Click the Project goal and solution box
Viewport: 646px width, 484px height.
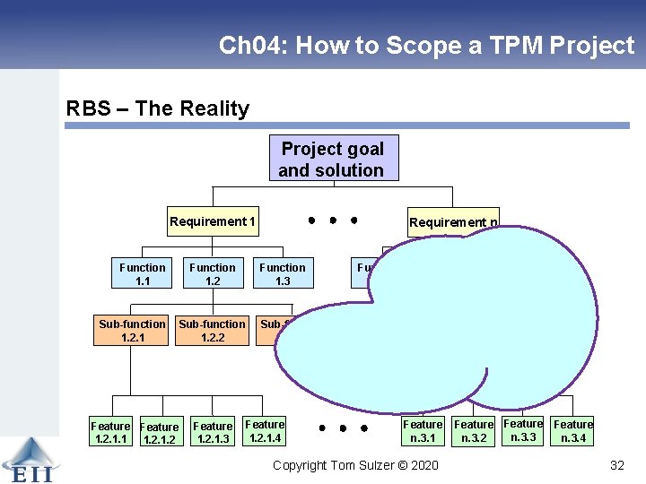(333, 159)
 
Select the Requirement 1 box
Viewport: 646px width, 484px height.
(213, 221)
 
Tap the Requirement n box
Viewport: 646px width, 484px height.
(452, 222)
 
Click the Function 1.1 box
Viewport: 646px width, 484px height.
(143, 274)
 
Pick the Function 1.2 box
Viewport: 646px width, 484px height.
(213, 274)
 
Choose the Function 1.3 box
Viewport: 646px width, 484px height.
(283, 274)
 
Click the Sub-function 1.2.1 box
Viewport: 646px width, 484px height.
(133, 331)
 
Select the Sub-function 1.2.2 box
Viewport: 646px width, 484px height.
(213, 331)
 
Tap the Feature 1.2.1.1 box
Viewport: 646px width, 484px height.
(110, 433)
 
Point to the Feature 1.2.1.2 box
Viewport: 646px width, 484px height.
(160, 434)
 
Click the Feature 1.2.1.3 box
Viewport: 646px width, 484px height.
(213, 433)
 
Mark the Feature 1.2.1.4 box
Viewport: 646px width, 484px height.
(265, 431)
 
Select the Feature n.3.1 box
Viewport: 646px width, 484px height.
(423, 431)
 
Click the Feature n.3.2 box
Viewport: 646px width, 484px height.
(474, 431)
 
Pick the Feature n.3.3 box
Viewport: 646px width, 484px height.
(523, 430)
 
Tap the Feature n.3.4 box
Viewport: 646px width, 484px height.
(572, 431)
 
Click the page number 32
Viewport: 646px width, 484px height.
(616, 465)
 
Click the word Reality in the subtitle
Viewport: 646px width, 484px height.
(214, 109)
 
